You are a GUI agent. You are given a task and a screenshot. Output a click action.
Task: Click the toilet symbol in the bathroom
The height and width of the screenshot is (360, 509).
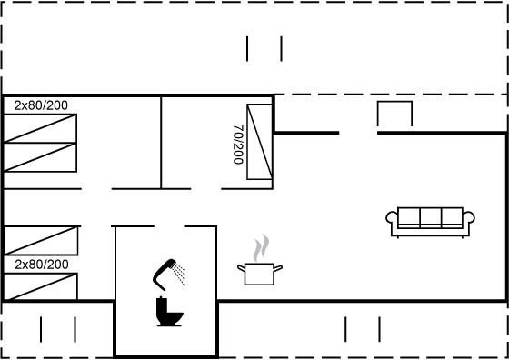click(x=169, y=312)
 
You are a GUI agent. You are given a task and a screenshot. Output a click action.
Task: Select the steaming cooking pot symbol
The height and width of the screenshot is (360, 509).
click(x=260, y=260)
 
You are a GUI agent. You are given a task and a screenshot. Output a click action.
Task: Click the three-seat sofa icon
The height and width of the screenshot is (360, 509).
click(x=430, y=222)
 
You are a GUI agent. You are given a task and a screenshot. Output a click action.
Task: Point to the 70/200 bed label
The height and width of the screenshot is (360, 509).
click(x=238, y=145)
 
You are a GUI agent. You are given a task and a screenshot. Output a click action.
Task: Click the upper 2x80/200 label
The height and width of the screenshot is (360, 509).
click(x=41, y=105)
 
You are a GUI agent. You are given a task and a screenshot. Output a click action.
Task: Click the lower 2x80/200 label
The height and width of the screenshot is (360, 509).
click(x=42, y=265)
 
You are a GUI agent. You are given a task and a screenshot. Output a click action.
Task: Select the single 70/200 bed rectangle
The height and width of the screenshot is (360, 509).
click(x=259, y=142)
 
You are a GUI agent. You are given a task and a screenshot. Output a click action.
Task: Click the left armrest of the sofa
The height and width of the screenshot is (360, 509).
click(x=392, y=217)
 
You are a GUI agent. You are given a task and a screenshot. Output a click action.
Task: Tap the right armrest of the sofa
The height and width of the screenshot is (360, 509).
click(x=469, y=217)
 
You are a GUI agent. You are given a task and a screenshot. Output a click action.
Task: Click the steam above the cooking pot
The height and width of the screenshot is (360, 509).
click(x=262, y=248)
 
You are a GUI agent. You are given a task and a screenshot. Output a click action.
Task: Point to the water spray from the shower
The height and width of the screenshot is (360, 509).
click(x=179, y=275)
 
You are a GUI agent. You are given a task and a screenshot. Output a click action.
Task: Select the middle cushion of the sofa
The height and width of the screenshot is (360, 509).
click(x=431, y=216)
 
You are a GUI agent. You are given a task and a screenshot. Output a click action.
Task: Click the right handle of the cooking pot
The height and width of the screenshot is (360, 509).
click(x=278, y=268)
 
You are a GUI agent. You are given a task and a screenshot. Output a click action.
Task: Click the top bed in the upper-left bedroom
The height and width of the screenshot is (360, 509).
click(x=40, y=128)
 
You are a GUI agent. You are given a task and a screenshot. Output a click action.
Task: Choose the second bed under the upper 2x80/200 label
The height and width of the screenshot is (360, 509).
click(x=40, y=157)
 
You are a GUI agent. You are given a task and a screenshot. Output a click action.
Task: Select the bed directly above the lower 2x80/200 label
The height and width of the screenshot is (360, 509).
click(x=41, y=240)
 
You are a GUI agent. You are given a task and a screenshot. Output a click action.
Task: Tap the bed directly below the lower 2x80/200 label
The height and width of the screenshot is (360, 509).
click(x=40, y=286)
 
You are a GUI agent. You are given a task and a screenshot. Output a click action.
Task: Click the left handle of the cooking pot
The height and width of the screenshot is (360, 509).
click(x=241, y=268)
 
